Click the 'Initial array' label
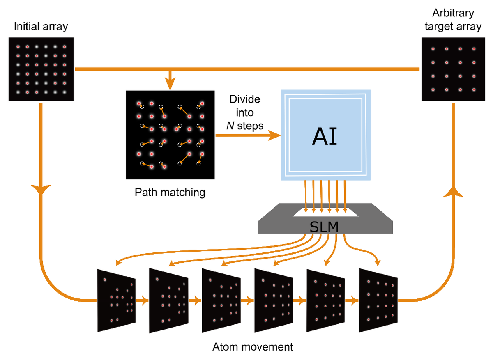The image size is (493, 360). (x=41, y=28)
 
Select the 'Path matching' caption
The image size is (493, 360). (x=170, y=192)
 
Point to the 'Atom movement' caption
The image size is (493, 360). (x=253, y=347)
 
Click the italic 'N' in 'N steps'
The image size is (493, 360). (x=230, y=126)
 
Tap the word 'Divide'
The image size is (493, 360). (x=245, y=100)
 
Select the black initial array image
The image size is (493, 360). (x=41, y=69)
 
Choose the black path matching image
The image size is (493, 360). (x=170, y=135)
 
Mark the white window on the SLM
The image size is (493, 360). (x=325, y=213)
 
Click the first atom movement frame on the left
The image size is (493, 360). (x=116, y=300)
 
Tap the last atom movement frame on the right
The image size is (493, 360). (x=378, y=300)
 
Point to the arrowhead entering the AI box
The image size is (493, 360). (x=274, y=135)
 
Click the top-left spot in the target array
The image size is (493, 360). (x=433, y=49)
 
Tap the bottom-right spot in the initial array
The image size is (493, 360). (x=65, y=92)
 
